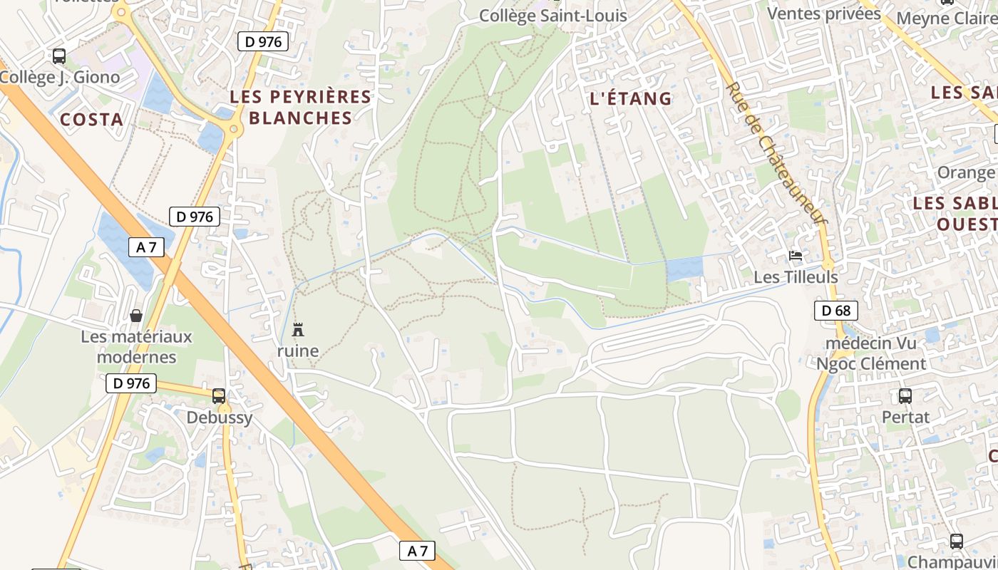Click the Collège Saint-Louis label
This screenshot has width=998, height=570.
552,16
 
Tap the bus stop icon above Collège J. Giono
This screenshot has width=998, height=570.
59,56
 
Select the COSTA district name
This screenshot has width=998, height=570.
92,119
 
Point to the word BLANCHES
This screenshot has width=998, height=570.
301,118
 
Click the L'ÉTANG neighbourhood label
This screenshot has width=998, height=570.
632,98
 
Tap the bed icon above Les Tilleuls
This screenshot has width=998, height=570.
796,256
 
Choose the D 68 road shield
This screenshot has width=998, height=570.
835,310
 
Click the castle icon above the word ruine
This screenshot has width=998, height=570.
298,330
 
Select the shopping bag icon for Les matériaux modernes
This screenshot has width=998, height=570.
136,315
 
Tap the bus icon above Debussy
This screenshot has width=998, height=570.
219,396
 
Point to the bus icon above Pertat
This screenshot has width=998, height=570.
905,396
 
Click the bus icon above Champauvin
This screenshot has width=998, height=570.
956,541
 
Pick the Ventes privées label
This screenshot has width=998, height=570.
824,14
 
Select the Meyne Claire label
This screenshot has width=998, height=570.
946,18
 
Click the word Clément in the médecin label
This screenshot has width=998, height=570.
892,364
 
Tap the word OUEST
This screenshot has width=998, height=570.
967,224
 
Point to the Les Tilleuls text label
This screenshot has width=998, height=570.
796,276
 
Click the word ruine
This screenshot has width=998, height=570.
298,351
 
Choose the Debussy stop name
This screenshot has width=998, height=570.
220,418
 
